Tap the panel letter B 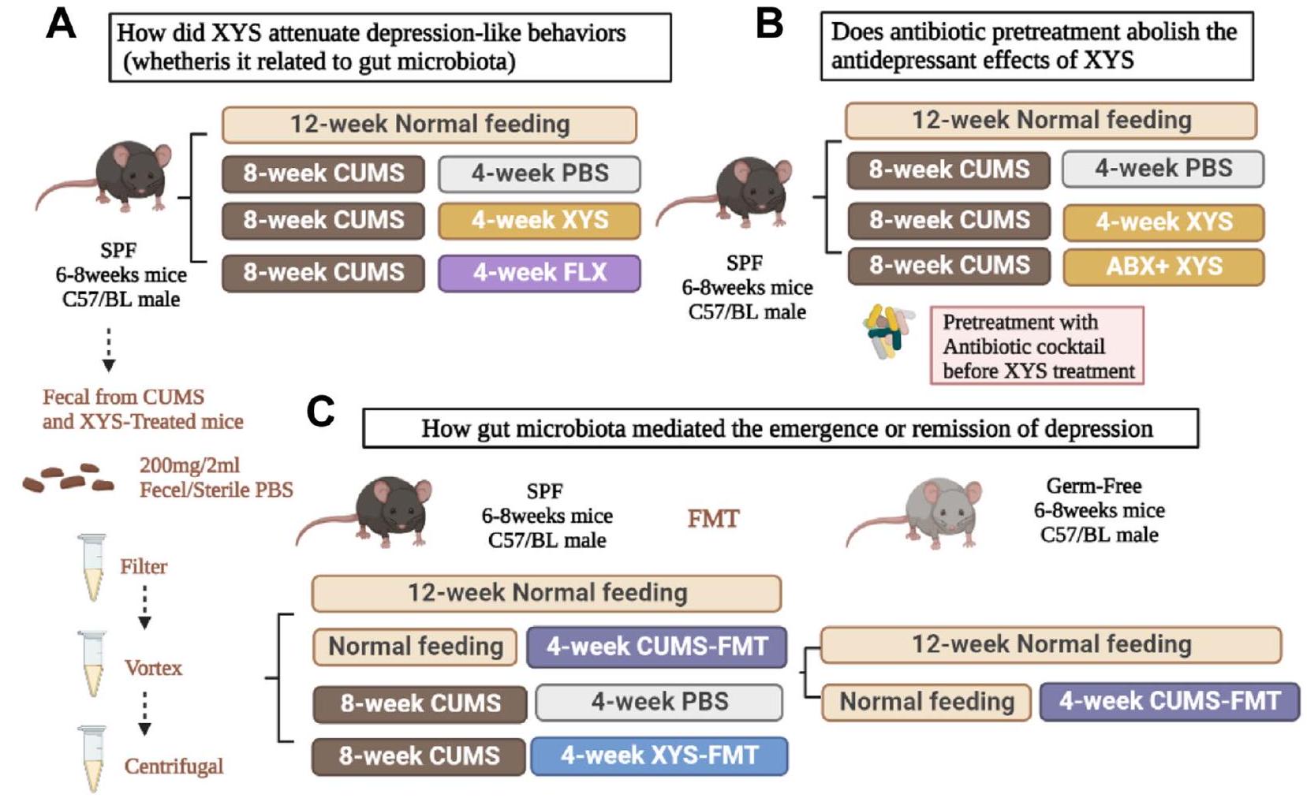769,23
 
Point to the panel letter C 320,412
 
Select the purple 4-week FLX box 540,273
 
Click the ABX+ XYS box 1163,267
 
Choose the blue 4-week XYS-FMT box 659,755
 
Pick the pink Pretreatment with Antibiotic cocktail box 1036,346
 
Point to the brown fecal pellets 68,479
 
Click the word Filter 144,566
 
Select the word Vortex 153,668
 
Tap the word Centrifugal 174,766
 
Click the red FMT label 713,518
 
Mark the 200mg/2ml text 189,465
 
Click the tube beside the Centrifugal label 92,758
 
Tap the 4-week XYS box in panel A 540,220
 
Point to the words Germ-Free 1093,486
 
